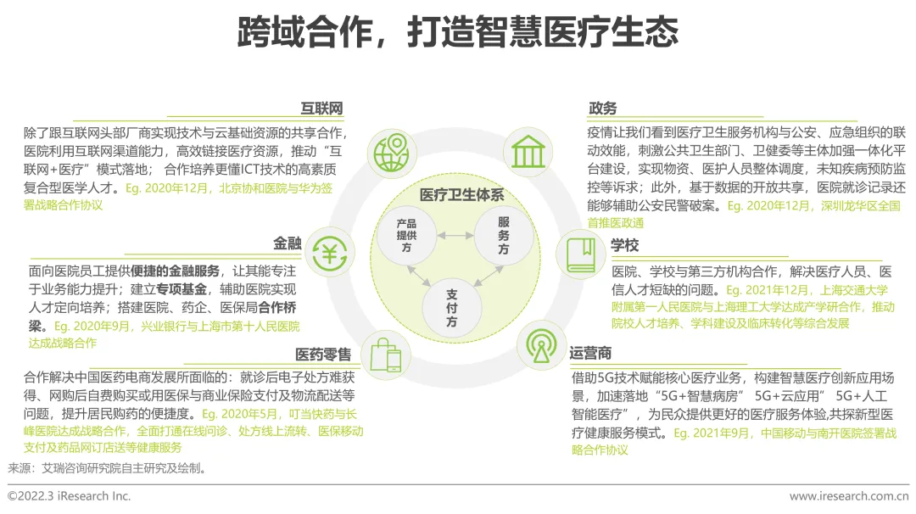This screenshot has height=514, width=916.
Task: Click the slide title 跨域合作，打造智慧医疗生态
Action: pos(458,32)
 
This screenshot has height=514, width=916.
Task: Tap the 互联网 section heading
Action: pos(322,109)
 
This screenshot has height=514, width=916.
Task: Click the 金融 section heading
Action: pos(288,243)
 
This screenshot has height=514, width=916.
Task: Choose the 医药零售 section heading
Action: pos(323,354)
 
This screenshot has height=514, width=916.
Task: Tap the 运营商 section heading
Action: pos(590,353)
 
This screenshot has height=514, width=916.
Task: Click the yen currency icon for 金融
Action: pos(328,252)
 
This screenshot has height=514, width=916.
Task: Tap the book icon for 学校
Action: pos(581,254)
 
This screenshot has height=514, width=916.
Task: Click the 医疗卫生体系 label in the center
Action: pos(455,195)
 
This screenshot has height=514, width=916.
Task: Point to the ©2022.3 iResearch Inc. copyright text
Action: pos(70,496)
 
